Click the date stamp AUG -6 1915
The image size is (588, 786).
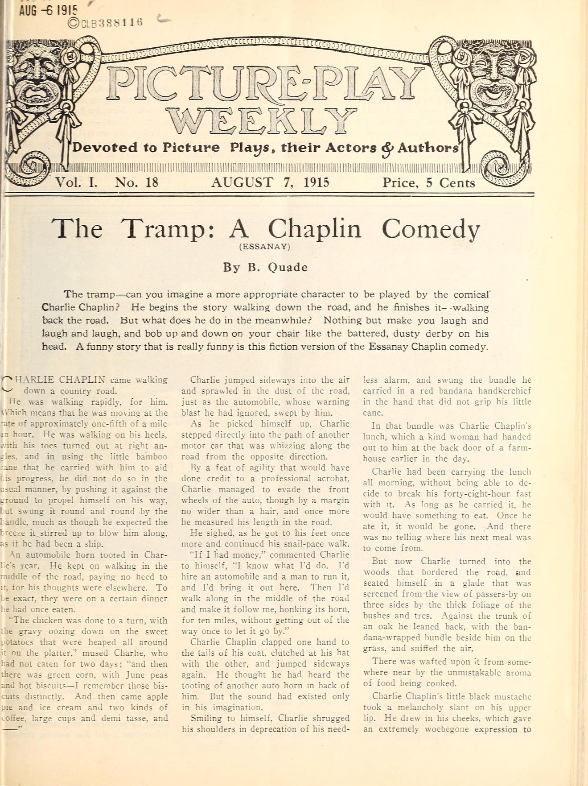click(x=48, y=10)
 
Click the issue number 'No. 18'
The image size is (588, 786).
click(x=136, y=182)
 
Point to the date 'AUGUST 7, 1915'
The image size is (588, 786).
click(x=270, y=182)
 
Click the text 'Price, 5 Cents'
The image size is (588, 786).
click(x=428, y=183)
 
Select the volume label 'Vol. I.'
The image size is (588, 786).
click(x=76, y=182)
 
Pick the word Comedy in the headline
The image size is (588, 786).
click(x=430, y=229)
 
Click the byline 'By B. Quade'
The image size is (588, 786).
click(x=265, y=267)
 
